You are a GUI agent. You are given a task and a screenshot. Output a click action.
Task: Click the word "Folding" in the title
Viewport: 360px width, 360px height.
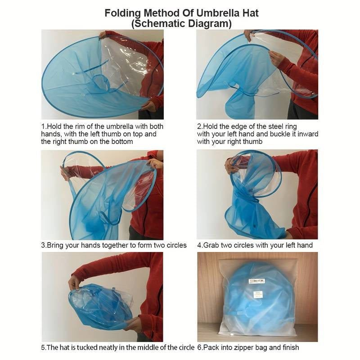[x=122, y=13]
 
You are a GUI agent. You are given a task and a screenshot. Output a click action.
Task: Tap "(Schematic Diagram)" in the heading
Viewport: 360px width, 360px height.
[x=181, y=24]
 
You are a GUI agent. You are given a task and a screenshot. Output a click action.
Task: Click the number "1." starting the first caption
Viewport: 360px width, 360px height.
[x=44, y=126]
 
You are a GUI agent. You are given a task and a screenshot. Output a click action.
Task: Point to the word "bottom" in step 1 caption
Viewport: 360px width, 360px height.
[x=122, y=142]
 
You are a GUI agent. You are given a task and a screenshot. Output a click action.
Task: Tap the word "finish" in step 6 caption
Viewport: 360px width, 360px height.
[x=290, y=347]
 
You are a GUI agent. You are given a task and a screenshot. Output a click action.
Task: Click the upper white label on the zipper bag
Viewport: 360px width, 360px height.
[x=257, y=281]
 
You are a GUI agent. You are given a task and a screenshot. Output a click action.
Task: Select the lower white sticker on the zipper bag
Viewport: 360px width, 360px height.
[x=257, y=294]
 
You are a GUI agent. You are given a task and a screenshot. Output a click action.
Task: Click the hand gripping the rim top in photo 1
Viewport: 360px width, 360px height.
[x=103, y=36]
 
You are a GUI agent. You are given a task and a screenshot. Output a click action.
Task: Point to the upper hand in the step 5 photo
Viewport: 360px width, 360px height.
[x=74, y=282]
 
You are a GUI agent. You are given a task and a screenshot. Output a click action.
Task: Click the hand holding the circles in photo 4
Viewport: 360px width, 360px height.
[x=231, y=166]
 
